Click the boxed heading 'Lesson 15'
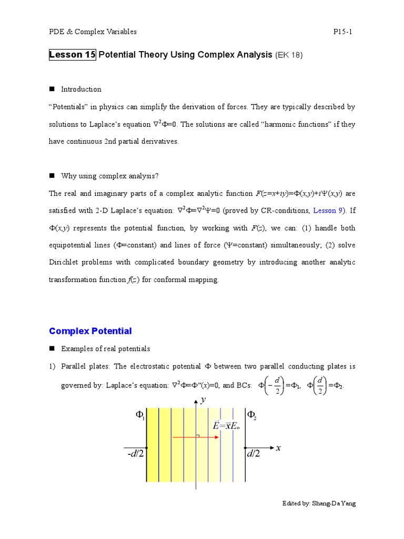pyautogui.click(x=72, y=55)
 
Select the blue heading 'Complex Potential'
pyautogui.click(x=90, y=331)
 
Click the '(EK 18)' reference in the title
pyautogui.click(x=289, y=55)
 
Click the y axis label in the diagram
pyautogui.click(x=203, y=400)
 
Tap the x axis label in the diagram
pyautogui.click(x=278, y=448)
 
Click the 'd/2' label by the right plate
pyautogui.click(x=254, y=454)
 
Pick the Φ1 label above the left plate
pyautogui.click(x=140, y=415)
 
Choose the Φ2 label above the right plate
pyautogui.click(x=252, y=415)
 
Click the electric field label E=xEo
pyautogui.click(x=226, y=426)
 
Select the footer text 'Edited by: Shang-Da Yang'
pyautogui.click(x=319, y=504)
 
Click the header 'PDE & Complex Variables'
pyautogui.click(x=93, y=32)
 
